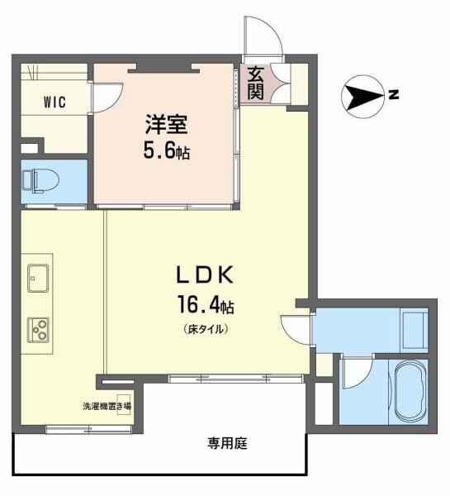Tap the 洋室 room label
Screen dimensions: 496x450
tap(168, 126)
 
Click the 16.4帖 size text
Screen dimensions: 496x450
tap(203, 307)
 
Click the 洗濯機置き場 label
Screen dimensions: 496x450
tap(106, 406)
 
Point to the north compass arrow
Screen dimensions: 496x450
tap(362, 97)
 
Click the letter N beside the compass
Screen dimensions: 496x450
tap(394, 96)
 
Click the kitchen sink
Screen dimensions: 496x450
tap(38, 278)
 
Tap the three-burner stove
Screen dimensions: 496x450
tap(38, 330)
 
